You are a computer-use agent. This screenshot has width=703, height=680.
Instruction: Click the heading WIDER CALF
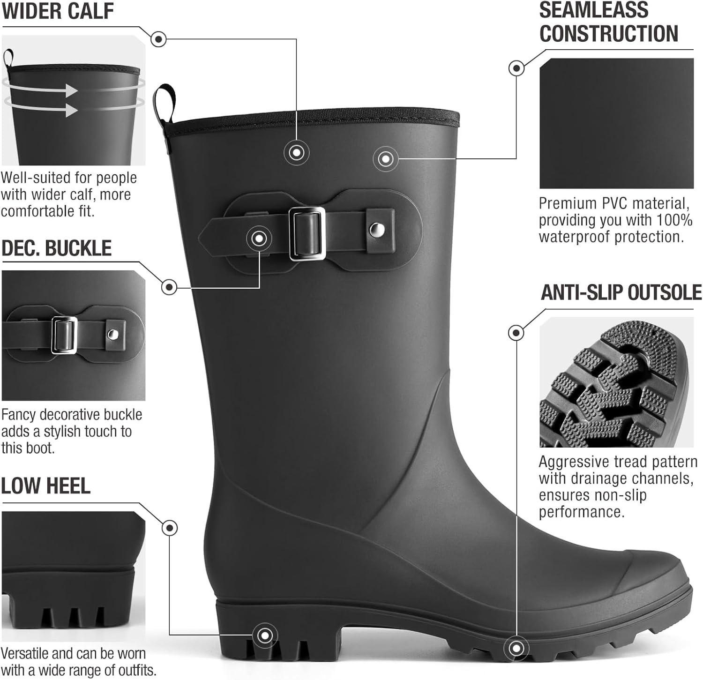[x=58, y=11]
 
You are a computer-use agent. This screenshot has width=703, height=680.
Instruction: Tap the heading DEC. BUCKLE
[x=57, y=248]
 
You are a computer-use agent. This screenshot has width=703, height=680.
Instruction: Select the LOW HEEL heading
[x=45, y=486]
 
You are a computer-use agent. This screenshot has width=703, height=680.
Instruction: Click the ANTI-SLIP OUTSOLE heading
[x=621, y=292]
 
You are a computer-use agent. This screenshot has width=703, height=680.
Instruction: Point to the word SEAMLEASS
[x=594, y=10]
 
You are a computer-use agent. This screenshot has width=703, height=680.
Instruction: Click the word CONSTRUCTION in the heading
[x=609, y=34]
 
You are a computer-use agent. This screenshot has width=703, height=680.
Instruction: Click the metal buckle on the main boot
[x=307, y=233]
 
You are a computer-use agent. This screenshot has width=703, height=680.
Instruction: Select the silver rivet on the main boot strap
[x=375, y=230]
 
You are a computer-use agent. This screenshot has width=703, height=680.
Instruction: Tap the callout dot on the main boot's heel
[x=265, y=635]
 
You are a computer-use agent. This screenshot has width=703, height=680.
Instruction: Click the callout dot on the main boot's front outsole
[x=516, y=649]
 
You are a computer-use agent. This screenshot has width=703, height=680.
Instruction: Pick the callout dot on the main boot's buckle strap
[x=259, y=239]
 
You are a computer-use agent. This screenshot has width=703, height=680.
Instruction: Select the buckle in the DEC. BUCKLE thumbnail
[x=64, y=335]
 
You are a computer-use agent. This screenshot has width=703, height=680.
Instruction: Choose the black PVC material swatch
[x=616, y=123]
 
